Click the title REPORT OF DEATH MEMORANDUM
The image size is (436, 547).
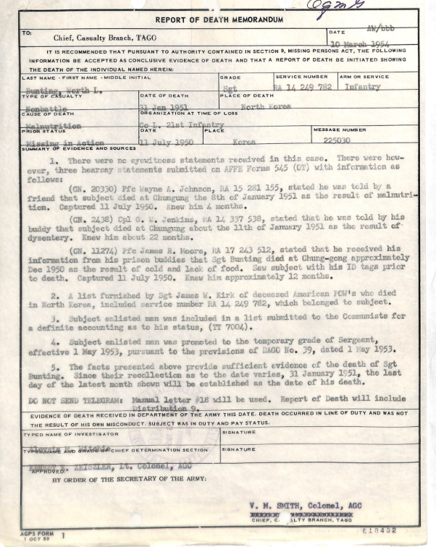[x=217, y=20]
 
